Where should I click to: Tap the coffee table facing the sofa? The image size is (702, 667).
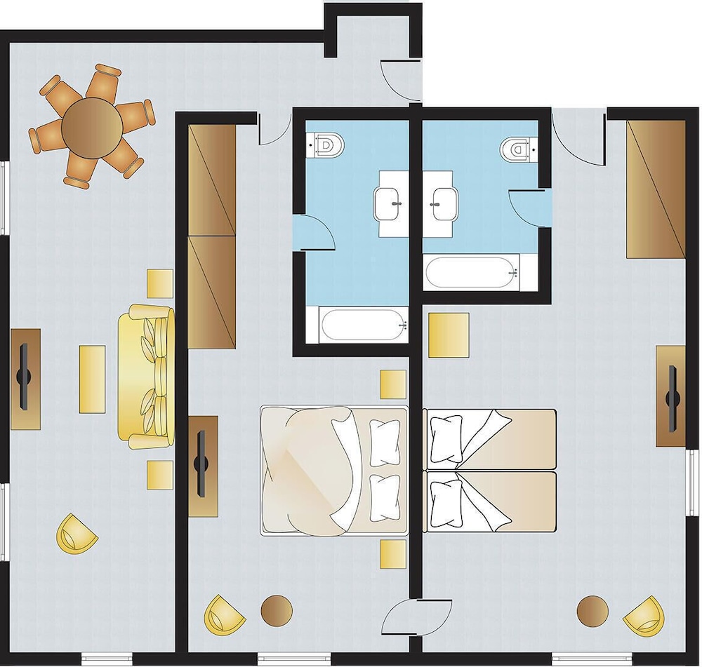(x=92, y=379)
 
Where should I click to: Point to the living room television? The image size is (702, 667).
(x=25, y=378)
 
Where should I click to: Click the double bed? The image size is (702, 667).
(x=333, y=470)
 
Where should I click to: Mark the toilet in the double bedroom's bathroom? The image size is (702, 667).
(x=327, y=144)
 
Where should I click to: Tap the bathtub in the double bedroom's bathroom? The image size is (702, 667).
(x=364, y=325)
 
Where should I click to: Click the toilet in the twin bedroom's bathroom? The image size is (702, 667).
(x=518, y=148)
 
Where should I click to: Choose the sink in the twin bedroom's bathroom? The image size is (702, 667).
(x=442, y=203)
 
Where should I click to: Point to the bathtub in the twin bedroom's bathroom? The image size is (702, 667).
(x=472, y=272)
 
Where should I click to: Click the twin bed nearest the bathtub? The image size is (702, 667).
(x=490, y=440)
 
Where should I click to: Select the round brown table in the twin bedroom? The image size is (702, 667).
(x=592, y=612)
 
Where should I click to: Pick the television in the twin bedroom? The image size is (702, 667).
(x=673, y=396)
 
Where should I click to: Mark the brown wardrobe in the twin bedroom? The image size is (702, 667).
(x=656, y=189)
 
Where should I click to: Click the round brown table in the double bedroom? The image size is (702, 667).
(x=276, y=610)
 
